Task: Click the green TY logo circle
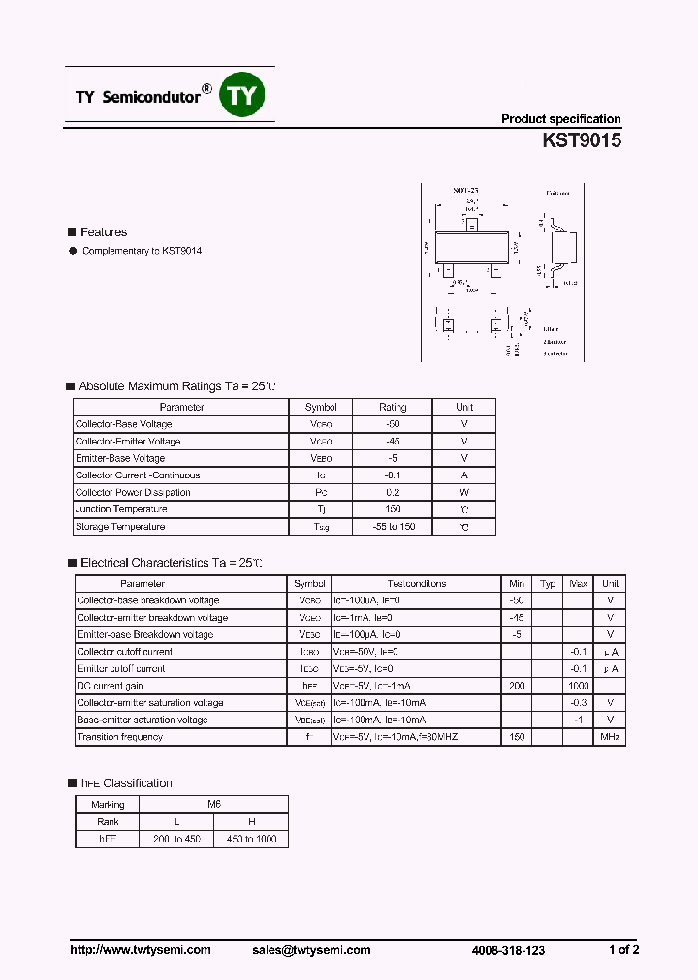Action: tap(243, 95)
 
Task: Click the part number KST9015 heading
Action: tap(582, 140)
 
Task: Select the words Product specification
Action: tap(560, 119)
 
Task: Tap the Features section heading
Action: tap(103, 232)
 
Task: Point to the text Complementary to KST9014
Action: tap(142, 251)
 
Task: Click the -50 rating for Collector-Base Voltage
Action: tap(393, 424)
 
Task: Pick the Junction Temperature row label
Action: tap(121, 509)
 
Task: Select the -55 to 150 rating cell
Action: tap(393, 527)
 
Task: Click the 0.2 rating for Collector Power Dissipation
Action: tap(393, 493)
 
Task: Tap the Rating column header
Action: tap(393, 408)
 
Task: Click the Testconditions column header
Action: tap(417, 584)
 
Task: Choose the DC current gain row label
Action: tap(110, 686)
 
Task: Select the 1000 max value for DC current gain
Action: tap(579, 686)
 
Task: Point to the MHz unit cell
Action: tap(610, 737)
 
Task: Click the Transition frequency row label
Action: tap(119, 737)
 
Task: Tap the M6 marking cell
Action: tap(214, 805)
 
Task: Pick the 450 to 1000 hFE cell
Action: tap(251, 839)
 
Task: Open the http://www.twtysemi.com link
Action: tap(141, 950)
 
